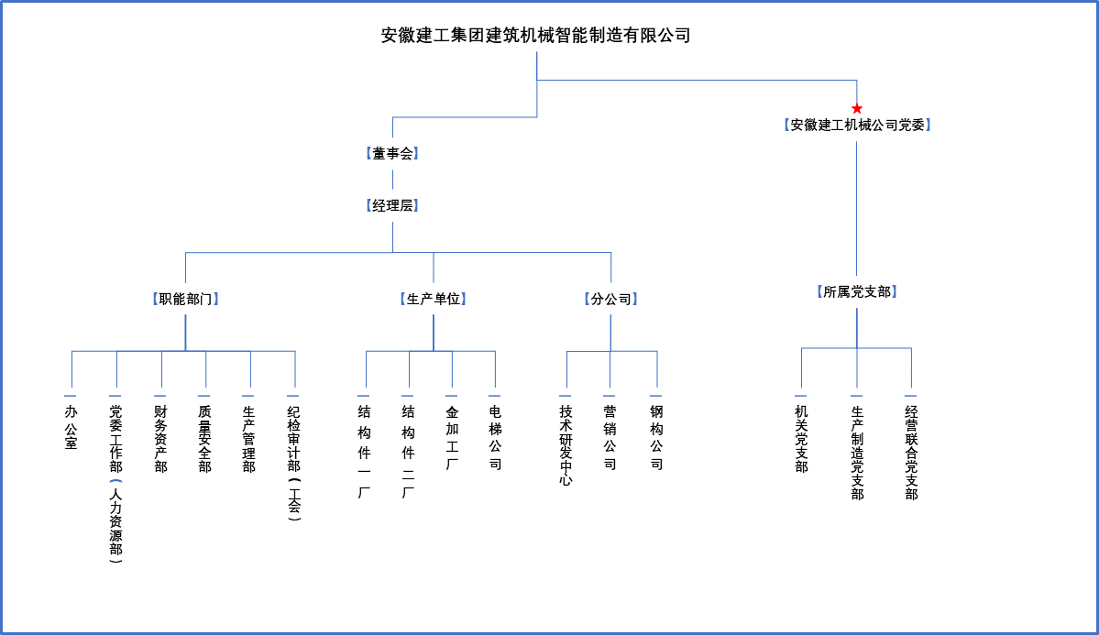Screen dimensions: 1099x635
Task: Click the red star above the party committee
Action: [856, 109]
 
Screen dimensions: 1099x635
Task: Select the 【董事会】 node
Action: [392, 154]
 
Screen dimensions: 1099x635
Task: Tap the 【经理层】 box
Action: [392, 205]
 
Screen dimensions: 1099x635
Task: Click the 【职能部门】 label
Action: [186, 300]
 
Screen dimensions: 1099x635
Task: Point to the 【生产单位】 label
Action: [434, 300]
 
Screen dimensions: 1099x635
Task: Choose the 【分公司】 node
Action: [611, 300]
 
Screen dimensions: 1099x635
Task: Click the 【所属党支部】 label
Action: [856, 291]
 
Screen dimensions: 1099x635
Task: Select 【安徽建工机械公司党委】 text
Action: [856, 125]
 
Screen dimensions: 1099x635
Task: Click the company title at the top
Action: [536, 35]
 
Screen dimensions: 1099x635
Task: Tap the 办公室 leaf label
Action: [71, 427]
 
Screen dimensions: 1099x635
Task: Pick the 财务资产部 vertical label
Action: [160, 439]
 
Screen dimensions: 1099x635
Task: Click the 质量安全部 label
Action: [204, 439]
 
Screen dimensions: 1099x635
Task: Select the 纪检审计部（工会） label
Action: [293, 463]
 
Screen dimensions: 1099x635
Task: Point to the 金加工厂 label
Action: [452, 437]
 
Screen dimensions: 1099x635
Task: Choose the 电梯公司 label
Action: [495, 437]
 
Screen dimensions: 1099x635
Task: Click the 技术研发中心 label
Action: [566, 445]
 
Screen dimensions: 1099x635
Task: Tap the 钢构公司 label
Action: [656, 437]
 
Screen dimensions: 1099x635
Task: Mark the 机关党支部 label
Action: [801, 439]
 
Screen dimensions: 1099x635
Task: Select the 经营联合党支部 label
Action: [911, 452]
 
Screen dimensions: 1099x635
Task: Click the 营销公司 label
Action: [610, 437]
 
